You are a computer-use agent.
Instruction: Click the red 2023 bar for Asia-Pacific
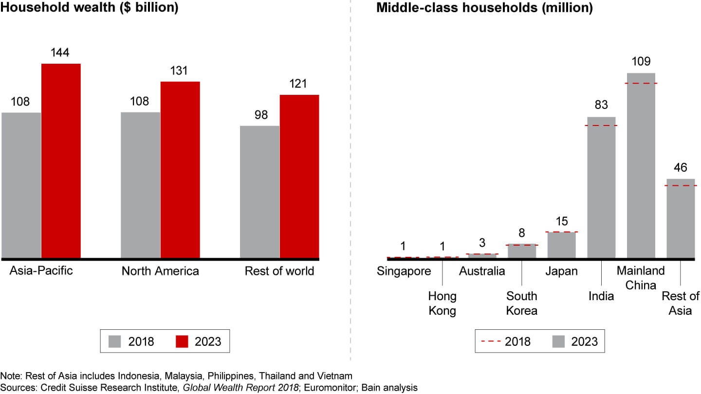61,161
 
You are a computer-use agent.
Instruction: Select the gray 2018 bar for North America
140,185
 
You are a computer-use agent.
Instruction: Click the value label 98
259,115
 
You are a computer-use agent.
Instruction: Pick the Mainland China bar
641,165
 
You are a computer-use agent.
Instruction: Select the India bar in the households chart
601,187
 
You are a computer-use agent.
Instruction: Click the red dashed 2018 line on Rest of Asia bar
681,185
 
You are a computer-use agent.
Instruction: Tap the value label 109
641,62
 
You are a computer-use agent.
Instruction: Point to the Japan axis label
561,271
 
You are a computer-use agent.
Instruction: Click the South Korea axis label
521,303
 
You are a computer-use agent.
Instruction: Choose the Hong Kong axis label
442,303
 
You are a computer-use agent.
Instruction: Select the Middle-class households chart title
484,8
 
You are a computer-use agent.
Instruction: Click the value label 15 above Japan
561,221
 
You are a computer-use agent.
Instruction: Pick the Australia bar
482,256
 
